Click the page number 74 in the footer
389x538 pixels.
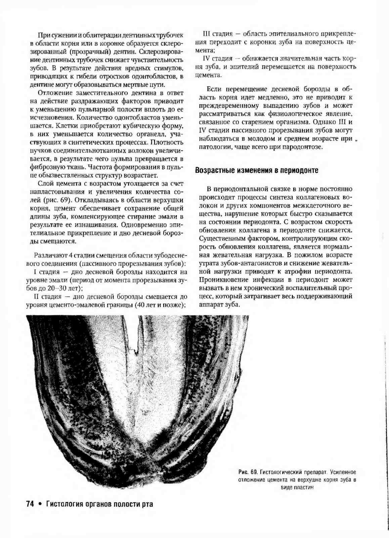click(30, 503)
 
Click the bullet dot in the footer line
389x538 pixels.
click(40, 504)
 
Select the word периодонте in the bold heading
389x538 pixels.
click(299, 170)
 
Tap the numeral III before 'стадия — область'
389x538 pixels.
click(206, 34)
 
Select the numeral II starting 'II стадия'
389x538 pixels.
click(37, 297)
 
